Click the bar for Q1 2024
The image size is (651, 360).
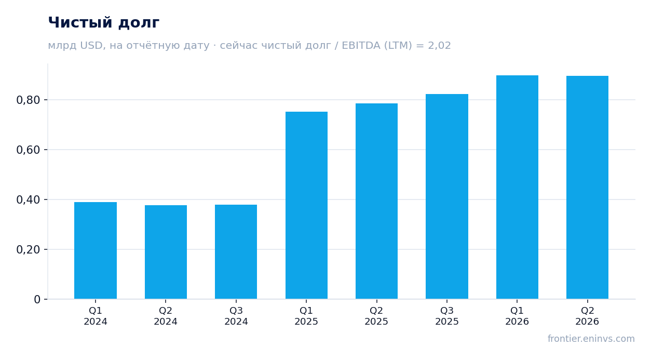(96, 250)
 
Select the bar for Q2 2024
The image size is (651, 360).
(166, 252)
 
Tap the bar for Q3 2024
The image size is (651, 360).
(236, 252)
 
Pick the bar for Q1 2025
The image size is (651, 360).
(306, 205)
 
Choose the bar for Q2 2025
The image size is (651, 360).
(377, 201)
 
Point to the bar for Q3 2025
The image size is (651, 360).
(447, 196)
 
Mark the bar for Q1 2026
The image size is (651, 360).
(517, 187)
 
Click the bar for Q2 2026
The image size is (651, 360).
(587, 188)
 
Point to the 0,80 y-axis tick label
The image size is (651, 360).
(28, 100)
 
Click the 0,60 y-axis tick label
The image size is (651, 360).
(28, 150)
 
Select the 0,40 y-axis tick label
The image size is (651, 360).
(28, 200)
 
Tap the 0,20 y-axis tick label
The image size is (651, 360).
(28, 249)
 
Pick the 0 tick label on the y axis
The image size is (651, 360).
(37, 300)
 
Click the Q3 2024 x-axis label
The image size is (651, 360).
(236, 316)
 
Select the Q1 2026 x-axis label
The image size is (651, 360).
(517, 316)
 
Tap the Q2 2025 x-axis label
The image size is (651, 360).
(376, 316)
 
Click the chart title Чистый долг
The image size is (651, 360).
(104, 23)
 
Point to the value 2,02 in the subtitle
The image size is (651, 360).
(439, 46)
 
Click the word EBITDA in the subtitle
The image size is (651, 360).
(361, 45)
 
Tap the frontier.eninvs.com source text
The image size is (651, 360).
(591, 339)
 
